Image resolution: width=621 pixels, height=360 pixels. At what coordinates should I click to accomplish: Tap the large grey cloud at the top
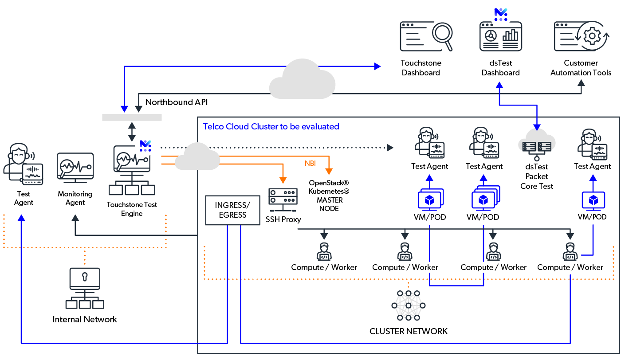pyautogui.click(x=303, y=80)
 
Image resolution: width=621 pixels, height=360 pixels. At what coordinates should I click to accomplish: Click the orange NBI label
pyautogui.click(x=310, y=164)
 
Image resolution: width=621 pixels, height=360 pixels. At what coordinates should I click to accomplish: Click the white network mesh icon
pyautogui.click(x=409, y=305)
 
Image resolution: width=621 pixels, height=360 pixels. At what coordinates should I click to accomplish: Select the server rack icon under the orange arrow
pyautogui.click(x=283, y=199)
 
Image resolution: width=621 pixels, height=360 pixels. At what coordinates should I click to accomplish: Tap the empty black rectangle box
pyautogui.click(x=232, y=210)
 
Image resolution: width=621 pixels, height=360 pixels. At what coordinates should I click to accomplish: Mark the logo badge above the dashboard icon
pyautogui.click(x=500, y=14)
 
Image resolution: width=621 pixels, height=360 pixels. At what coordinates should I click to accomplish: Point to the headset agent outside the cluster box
pyautogui.click(x=23, y=164)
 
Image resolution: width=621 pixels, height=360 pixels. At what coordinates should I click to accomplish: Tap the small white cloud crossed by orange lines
pyautogui.click(x=197, y=157)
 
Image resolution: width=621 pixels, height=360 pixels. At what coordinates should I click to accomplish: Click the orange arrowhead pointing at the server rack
pyautogui.click(x=283, y=180)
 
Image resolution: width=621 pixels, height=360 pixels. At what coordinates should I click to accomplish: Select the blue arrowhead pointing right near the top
pyautogui.click(x=377, y=67)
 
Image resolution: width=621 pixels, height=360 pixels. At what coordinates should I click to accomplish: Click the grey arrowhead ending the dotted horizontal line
pyautogui.click(x=390, y=147)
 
